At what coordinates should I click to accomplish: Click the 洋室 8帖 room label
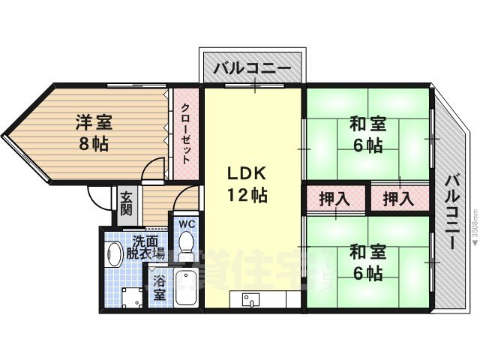[94, 132]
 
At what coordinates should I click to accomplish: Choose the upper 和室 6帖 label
[366, 133]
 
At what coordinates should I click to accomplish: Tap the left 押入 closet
[334, 199]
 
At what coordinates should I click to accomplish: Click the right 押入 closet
[397, 199]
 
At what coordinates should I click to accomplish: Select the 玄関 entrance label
[125, 202]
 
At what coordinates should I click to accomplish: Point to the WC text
[187, 223]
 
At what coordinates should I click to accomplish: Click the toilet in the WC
[186, 244]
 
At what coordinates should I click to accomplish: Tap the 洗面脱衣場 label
[146, 247]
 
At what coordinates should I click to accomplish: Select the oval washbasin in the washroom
[114, 254]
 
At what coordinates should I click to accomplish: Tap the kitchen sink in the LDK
[249, 300]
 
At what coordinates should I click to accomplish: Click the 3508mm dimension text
[474, 217]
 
